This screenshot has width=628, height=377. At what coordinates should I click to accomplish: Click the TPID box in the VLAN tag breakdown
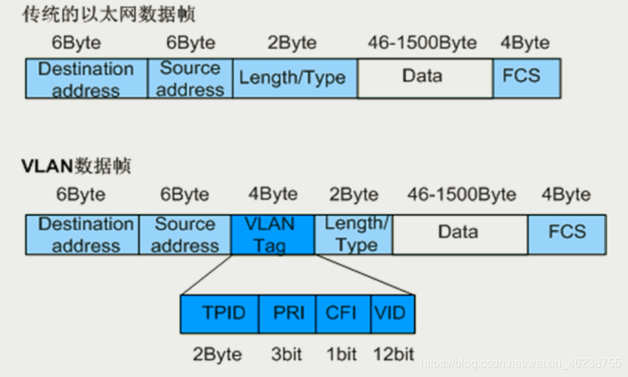pos(219,314)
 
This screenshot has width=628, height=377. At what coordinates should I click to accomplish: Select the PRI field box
pos(287,314)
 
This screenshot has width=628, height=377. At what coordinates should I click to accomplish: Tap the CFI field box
pos(342,314)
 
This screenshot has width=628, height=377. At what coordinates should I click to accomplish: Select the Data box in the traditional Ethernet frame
pos(425,78)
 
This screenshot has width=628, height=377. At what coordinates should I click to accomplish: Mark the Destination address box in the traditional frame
pos(86,78)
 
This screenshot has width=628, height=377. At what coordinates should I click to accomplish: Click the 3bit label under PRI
pos(287,354)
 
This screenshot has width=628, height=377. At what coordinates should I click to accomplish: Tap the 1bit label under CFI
pos(341,354)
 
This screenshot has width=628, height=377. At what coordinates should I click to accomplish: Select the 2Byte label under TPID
pos(218,354)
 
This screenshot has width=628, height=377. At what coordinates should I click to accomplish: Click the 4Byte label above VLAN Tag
pos(273,194)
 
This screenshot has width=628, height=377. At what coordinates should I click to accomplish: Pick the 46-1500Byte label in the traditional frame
pos(422,42)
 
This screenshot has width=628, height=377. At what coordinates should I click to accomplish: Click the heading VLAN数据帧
pos(77,166)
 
